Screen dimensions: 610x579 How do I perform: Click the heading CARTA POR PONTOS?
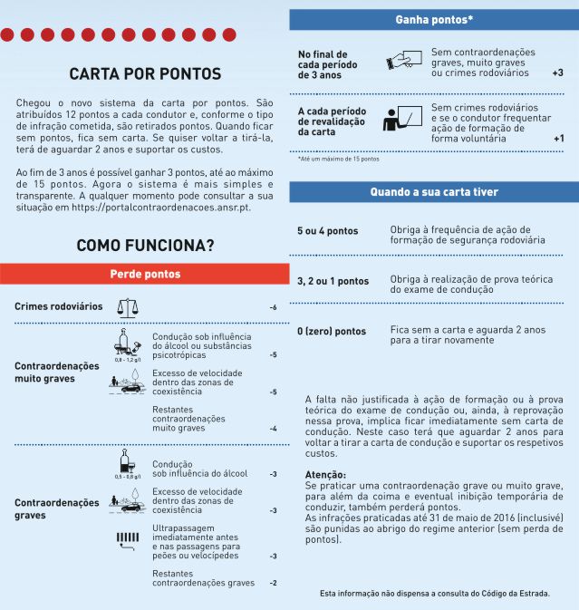(145, 74)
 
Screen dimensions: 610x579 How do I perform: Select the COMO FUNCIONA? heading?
(145, 245)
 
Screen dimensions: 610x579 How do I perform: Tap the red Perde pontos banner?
(145, 274)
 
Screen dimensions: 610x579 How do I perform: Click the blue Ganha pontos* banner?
(434, 19)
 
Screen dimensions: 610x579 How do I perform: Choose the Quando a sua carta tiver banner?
(434, 192)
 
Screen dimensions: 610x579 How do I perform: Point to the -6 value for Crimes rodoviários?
(273, 308)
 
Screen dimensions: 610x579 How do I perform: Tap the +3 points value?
(557, 72)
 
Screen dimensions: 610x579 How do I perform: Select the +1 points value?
(558, 139)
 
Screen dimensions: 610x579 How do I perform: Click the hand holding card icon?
(402, 60)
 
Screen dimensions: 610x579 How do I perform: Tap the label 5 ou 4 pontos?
(327, 231)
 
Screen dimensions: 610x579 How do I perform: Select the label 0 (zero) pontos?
(332, 332)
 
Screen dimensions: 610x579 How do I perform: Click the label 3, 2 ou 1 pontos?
(333, 281)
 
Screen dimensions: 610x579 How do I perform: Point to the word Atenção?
(325, 475)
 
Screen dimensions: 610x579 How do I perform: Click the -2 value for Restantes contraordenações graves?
(273, 583)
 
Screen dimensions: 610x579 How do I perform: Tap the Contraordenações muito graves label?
(57, 372)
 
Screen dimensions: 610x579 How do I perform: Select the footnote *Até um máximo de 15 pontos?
(339, 160)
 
